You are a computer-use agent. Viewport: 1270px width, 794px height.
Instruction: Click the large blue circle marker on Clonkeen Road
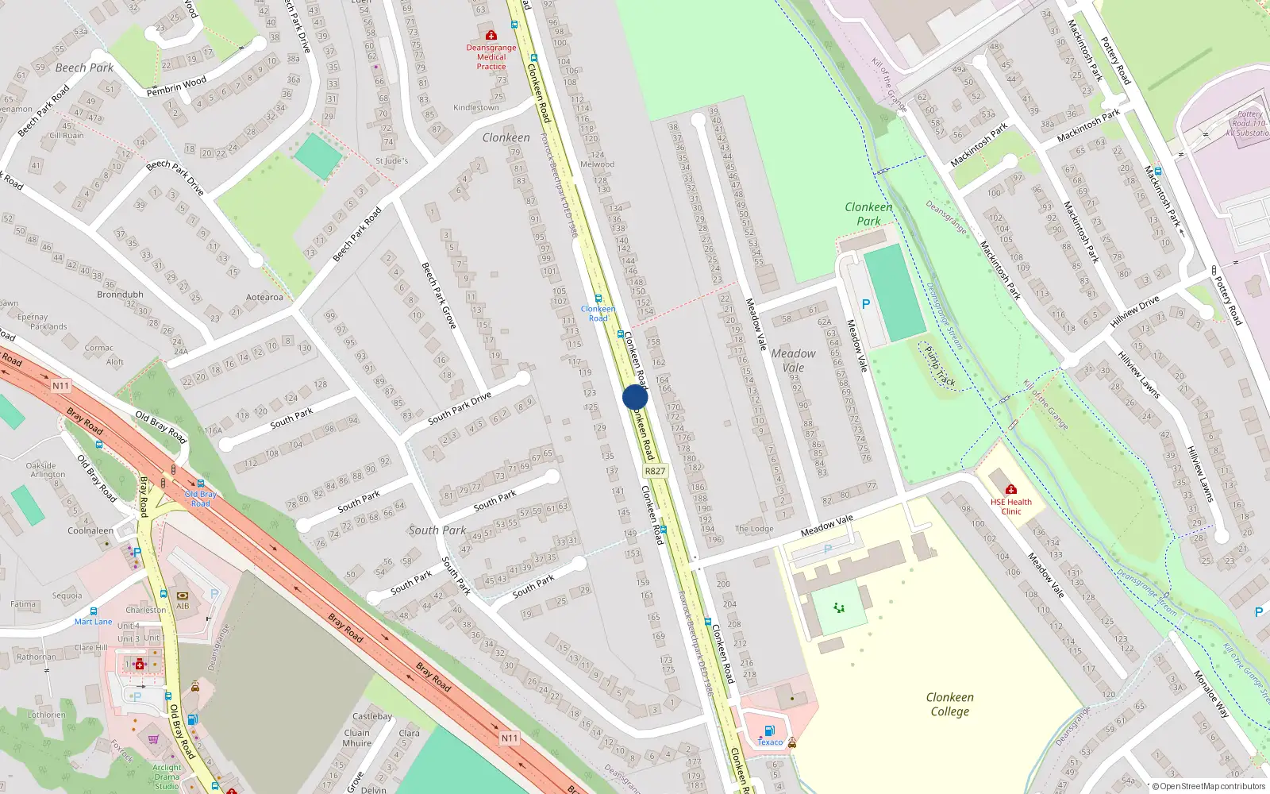tap(635, 397)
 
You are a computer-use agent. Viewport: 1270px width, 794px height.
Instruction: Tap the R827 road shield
tap(655, 471)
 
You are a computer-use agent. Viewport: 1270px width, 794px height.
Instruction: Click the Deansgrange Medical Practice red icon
tap(491, 36)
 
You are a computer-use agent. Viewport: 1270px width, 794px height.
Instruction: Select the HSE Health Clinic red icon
tap(1010, 490)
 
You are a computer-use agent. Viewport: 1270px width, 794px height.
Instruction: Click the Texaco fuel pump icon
tap(768, 730)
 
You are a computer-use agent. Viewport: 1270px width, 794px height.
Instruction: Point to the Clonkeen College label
tap(949, 704)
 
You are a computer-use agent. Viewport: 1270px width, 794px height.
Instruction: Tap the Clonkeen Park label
tap(868, 214)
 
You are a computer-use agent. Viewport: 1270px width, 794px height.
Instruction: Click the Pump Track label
tap(940, 366)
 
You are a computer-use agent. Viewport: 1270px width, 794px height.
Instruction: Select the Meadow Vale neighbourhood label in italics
tap(793, 360)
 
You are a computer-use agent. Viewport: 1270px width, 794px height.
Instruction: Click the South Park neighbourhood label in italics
tap(437, 530)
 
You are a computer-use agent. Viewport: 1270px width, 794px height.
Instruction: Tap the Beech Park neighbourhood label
tap(84, 68)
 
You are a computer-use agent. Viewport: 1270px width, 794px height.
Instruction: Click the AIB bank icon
tap(183, 595)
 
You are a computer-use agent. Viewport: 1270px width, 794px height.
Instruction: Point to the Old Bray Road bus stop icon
tap(201, 484)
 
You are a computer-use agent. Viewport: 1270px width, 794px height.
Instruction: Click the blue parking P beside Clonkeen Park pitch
tap(866, 304)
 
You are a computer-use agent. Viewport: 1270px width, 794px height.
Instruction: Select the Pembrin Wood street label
tap(176, 86)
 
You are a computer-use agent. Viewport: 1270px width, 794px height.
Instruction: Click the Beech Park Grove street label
tap(438, 295)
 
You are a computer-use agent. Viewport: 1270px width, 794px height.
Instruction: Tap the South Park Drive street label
tap(459, 408)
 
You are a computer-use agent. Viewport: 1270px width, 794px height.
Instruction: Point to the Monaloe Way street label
tap(1210, 694)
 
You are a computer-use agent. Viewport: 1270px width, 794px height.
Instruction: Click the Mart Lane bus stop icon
tap(94, 611)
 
